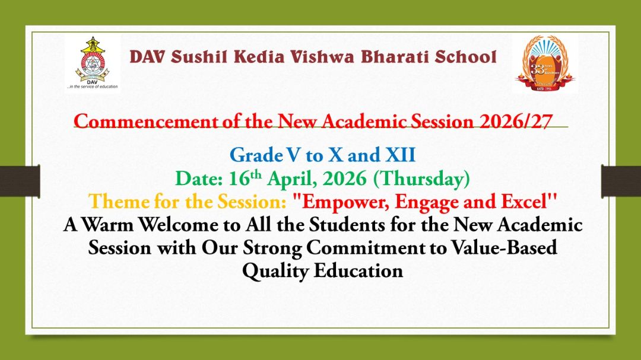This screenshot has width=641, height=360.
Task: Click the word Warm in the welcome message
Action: click(113, 225)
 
